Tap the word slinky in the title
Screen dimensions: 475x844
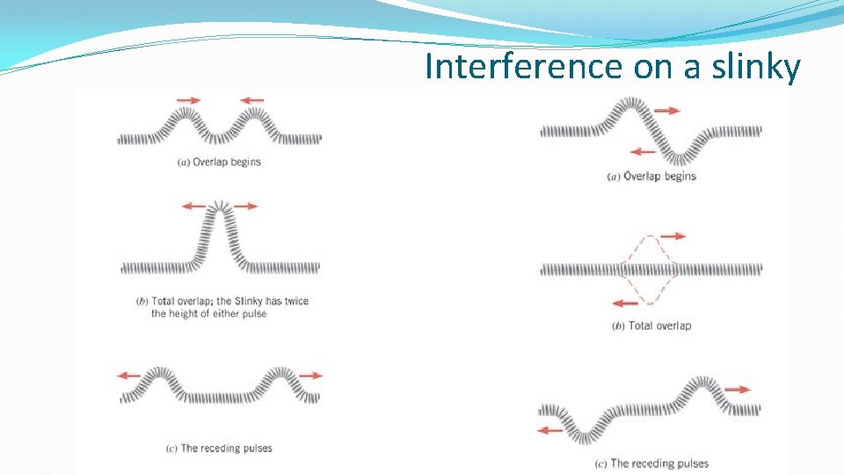757,66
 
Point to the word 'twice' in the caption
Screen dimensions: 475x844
294,301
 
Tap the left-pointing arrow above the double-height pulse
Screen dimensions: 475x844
193,206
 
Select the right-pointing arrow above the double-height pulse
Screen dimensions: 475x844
245,206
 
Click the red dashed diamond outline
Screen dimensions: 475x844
649,269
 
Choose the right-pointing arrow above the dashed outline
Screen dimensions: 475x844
673,236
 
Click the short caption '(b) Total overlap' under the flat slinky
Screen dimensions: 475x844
651,325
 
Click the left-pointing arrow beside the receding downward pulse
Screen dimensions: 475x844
550,430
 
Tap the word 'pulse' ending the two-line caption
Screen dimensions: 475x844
252,314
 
